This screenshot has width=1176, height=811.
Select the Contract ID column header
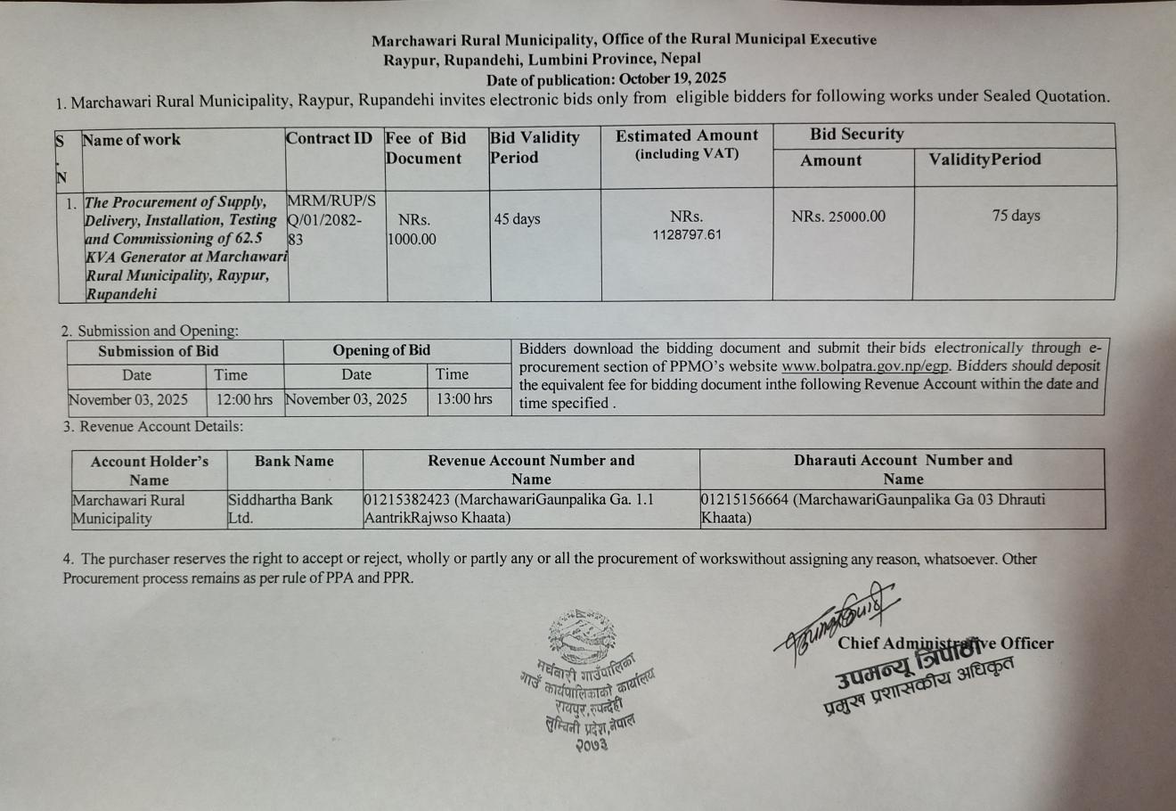pyautogui.click(x=329, y=138)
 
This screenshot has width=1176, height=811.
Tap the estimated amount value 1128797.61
pyautogui.click(x=687, y=235)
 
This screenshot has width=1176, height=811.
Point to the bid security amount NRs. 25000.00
pyautogui.click(x=838, y=217)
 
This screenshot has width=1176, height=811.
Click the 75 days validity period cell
pyautogui.click(x=1016, y=216)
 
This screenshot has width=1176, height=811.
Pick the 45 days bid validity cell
pyautogui.click(x=518, y=219)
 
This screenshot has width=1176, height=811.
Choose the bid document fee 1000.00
pyautogui.click(x=412, y=239)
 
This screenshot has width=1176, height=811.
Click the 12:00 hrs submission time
pyautogui.click(x=244, y=399)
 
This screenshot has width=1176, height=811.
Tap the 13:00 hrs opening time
pyautogui.click(x=464, y=399)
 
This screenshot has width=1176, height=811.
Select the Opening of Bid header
pyautogui.click(x=380, y=350)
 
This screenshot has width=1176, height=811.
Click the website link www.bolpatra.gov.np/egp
pyautogui.click(x=865, y=366)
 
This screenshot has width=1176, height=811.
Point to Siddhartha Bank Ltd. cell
pyautogui.click(x=280, y=509)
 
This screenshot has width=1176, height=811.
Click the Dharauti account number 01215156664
pyautogui.click(x=744, y=500)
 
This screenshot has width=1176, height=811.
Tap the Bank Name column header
pyautogui.click(x=294, y=461)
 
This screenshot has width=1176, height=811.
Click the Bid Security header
pyautogui.click(x=856, y=135)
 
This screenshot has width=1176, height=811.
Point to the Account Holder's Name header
pyautogui.click(x=149, y=470)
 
